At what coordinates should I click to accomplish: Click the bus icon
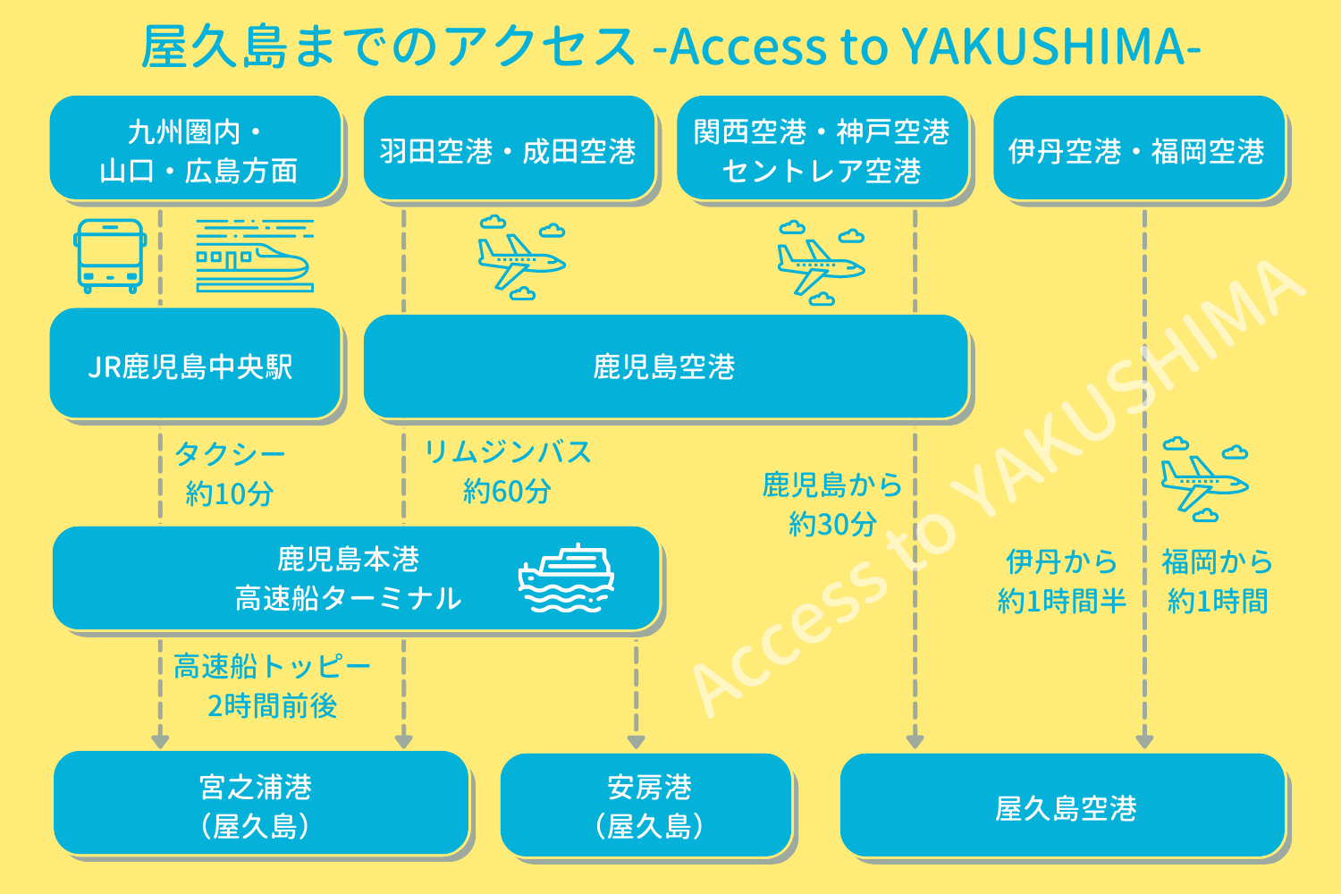(109, 256)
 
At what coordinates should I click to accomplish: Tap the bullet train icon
(255, 256)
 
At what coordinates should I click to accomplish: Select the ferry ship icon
(567, 578)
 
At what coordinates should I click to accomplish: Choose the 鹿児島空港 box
(665, 366)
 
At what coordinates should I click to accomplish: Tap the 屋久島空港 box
(1063, 806)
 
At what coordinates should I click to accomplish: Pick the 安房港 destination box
(647, 805)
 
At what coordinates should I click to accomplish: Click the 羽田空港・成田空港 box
(509, 149)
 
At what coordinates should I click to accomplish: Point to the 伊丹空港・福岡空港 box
(1138, 149)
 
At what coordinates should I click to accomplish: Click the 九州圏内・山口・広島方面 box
(196, 149)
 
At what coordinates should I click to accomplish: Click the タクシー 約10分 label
(230, 473)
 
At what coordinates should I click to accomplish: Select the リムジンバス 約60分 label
(507, 471)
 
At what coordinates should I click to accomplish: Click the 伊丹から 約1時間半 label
(1061, 581)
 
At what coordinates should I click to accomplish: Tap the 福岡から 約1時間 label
(1217, 581)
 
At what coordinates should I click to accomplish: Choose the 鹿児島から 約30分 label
(832, 503)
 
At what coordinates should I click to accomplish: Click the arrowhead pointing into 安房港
(637, 741)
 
